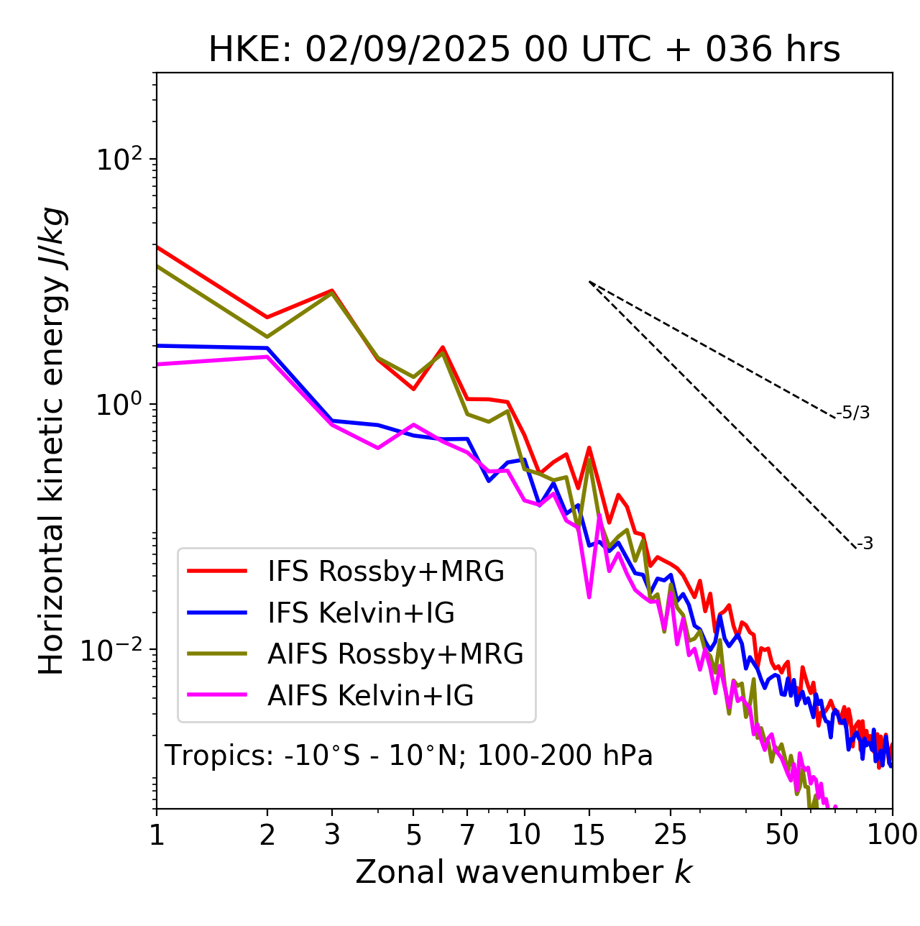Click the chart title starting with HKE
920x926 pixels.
click(x=524, y=50)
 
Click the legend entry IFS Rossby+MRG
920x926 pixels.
click(x=385, y=572)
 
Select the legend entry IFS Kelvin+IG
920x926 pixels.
click(x=361, y=613)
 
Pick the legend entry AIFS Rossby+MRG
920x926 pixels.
click(x=395, y=654)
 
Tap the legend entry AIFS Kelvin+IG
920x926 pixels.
click(x=370, y=696)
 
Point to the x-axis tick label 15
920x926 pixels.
click(x=589, y=834)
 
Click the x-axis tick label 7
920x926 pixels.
click(x=467, y=834)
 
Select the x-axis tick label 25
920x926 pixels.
click(x=671, y=834)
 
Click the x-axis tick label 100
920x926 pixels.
click(x=891, y=834)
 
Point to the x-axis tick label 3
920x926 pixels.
click(x=332, y=834)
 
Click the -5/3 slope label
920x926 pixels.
click(x=853, y=413)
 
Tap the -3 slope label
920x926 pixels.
click(x=865, y=544)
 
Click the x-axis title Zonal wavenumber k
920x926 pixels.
click(x=524, y=872)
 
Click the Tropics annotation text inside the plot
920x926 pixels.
click(x=409, y=756)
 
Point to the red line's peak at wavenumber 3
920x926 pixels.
click(x=332, y=290)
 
